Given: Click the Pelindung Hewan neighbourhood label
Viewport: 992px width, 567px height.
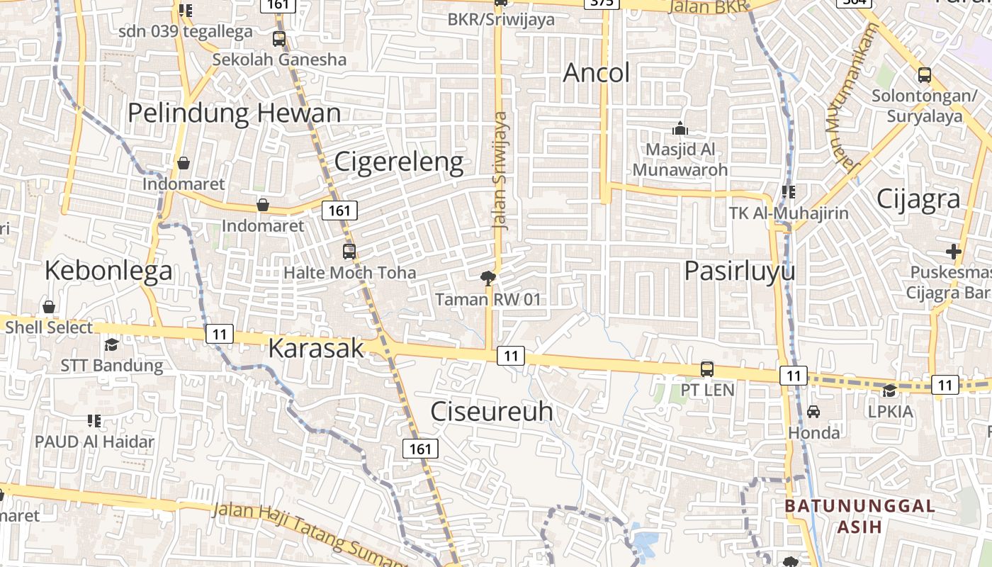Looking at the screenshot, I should point(234,113).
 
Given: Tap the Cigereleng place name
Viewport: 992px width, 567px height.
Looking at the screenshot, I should point(399,162).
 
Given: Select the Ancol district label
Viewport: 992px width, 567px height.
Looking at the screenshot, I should point(596,73).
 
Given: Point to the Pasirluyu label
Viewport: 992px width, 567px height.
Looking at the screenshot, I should point(740,271).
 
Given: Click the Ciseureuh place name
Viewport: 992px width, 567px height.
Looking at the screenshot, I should point(492,412).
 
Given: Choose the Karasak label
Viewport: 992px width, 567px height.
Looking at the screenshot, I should point(316,349).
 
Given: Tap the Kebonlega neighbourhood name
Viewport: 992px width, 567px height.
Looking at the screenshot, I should point(108,271).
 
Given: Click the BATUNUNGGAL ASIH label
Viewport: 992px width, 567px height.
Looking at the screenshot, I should point(859,516).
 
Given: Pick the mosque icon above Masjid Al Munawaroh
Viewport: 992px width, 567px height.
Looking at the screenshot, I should point(680,129).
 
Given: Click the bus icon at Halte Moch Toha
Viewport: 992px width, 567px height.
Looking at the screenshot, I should point(349,251).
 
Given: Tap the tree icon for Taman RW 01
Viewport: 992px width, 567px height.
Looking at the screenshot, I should point(487,278).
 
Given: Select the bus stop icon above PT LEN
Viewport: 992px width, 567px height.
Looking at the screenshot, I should point(706,369).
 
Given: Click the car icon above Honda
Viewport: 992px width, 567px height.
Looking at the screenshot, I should point(813,411).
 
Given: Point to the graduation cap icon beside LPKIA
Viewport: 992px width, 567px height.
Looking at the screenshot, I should point(889,391).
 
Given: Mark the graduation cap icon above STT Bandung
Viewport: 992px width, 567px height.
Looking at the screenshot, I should point(111,344).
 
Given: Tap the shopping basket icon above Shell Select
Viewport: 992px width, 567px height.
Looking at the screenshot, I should point(49,307).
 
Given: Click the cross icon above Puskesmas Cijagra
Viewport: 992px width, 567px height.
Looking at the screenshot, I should point(953,252).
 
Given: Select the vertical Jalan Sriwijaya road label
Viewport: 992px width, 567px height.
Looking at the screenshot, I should point(501,170).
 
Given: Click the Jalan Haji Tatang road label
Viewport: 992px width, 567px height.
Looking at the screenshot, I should point(298,527).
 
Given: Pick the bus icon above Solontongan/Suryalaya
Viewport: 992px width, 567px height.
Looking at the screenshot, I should point(924,74).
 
